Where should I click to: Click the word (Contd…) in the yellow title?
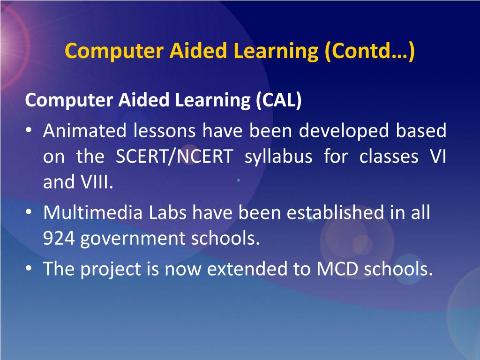pos(369,51)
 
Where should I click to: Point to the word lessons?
pos(164,131)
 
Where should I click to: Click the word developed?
pos(344,131)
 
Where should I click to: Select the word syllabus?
pos(278,157)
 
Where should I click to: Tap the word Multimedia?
pos(93,213)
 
